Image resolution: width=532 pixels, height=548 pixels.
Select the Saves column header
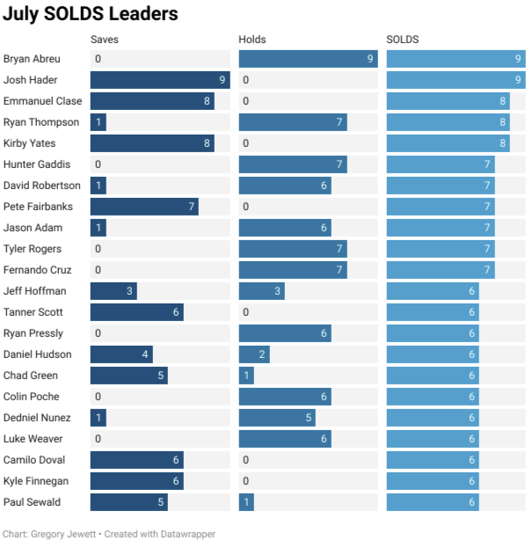tap(105, 40)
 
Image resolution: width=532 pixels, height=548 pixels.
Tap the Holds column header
tap(252, 40)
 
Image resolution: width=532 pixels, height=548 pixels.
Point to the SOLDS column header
tap(403, 40)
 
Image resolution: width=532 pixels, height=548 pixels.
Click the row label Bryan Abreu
tap(32, 59)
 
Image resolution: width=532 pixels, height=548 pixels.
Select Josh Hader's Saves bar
tap(160, 80)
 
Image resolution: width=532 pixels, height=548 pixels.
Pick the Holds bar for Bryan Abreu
tap(308, 59)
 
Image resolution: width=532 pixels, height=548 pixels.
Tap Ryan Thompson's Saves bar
tap(98, 122)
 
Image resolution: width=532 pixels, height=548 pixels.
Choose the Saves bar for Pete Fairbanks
tap(144, 207)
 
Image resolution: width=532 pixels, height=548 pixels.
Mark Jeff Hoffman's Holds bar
tap(261, 291)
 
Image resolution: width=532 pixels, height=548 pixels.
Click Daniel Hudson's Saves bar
tap(121, 354)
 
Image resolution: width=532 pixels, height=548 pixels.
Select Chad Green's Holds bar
tap(246, 376)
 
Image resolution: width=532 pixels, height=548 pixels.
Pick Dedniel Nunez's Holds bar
tap(277, 418)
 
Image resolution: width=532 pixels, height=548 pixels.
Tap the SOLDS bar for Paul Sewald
tap(433, 502)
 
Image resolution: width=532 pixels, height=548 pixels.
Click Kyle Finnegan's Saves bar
tap(136, 481)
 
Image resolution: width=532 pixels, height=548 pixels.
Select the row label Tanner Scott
tap(33, 312)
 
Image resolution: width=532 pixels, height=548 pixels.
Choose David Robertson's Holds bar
tap(285, 186)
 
